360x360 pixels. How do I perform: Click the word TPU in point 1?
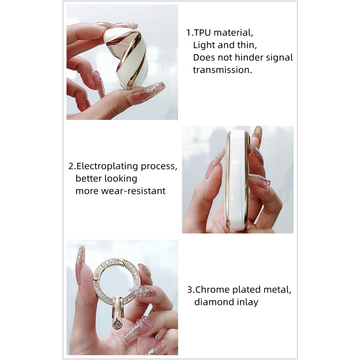pyautogui.click(x=202, y=33)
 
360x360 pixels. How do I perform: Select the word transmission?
pyautogui.click(x=222, y=70)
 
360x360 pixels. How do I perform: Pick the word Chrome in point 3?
pyautogui.click(x=210, y=289)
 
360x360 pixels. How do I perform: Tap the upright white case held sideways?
pyautogui.click(x=237, y=180)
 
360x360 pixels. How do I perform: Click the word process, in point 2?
pyautogui.click(x=159, y=167)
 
